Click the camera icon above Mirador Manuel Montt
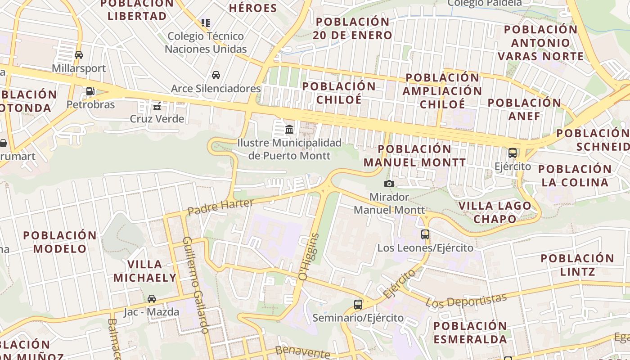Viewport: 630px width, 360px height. pyautogui.click(x=389, y=184)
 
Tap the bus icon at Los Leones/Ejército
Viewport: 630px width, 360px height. pyautogui.click(x=425, y=234)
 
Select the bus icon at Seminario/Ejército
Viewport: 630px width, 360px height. pyautogui.click(x=358, y=305)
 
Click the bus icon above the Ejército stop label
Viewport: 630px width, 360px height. pyautogui.click(x=513, y=153)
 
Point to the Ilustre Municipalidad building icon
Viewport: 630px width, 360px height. pyautogui.click(x=289, y=130)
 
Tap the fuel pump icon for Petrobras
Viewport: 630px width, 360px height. pyautogui.click(x=90, y=91)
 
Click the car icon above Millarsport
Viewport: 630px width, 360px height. pyautogui.click(x=79, y=55)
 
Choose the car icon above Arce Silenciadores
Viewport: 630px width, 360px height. pyautogui.click(x=216, y=75)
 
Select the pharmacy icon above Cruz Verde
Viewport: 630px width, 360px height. pyautogui.click(x=157, y=106)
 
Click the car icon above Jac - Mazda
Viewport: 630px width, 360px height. pyautogui.click(x=152, y=299)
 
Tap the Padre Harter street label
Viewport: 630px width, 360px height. pyautogui.click(x=220, y=207)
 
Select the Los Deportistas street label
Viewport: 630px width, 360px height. pyautogui.click(x=466, y=300)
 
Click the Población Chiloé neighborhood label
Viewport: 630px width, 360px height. pyautogui.click(x=339, y=93)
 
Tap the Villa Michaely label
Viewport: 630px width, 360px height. pyautogui.click(x=144, y=271)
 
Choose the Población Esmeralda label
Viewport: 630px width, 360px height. pyautogui.click(x=470, y=333)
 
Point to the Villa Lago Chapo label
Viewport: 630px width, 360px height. pyautogui.click(x=495, y=212)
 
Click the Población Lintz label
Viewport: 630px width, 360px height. pyautogui.click(x=577, y=265)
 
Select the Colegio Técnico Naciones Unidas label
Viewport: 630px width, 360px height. pyautogui.click(x=206, y=42)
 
